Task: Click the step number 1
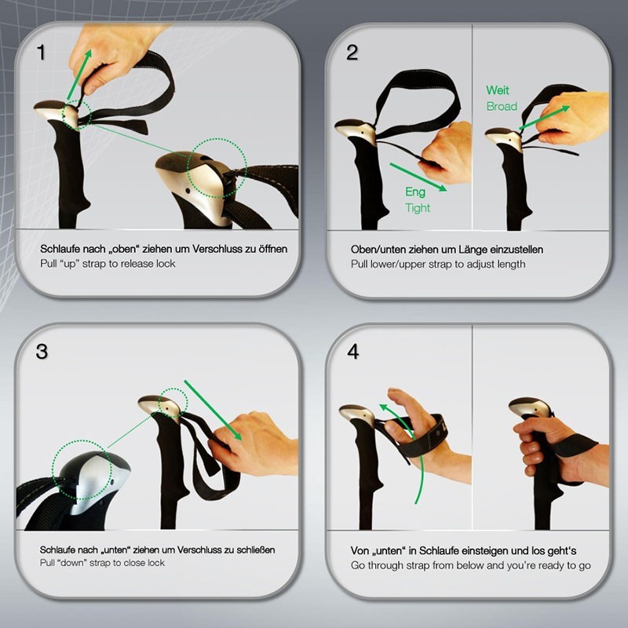(x=41, y=53)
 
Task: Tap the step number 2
(x=352, y=53)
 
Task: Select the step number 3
(x=42, y=352)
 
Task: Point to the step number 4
(x=352, y=352)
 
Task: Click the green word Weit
(x=498, y=90)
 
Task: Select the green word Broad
(x=502, y=107)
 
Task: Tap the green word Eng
(x=415, y=192)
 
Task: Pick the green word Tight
(x=418, y=208)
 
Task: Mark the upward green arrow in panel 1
(x=79, y=74)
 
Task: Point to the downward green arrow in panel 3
(x=213, y=410)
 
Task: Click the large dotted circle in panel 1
(x=217, y=168)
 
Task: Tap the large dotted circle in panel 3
(x=82, y=469)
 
